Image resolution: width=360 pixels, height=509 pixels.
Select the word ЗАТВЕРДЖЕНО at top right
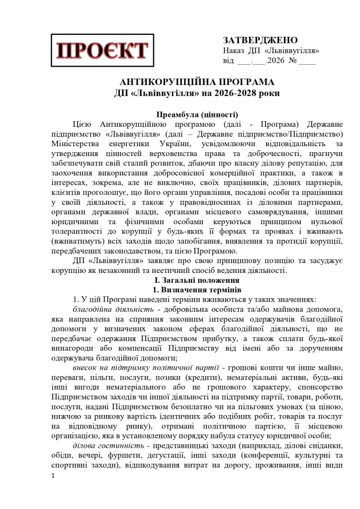pyautogui.click(x=260, y=40)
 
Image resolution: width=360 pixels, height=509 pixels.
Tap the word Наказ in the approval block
pyautogui.click(x=234, y=51)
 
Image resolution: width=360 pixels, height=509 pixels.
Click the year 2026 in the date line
pyautogui.click(x=276, y=62)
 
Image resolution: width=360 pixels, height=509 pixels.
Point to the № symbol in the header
pyautogui.click(x=293, y=62)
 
